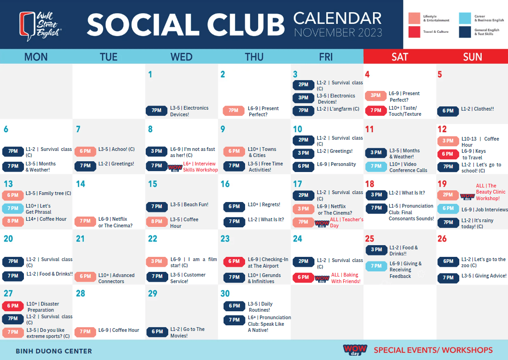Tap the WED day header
(181, 57)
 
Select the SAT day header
(399, 57)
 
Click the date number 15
(153, 184)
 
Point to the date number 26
(442, 239)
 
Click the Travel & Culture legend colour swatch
(414, 32)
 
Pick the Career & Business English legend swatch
(465, 18)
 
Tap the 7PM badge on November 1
(157, 111)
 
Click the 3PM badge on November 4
(375, 96)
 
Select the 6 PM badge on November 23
(234, 262)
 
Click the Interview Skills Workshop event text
(201, 166)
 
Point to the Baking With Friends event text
(346, 278)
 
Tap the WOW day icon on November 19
(468, 196)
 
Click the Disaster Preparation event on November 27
(43, 307)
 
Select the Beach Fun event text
(189, 204)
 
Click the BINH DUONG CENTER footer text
(54, 351)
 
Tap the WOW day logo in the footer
(355, 350)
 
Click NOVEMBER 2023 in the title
(338, 33)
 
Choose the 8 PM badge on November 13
(13, 221)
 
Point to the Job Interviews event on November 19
(485, 210)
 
